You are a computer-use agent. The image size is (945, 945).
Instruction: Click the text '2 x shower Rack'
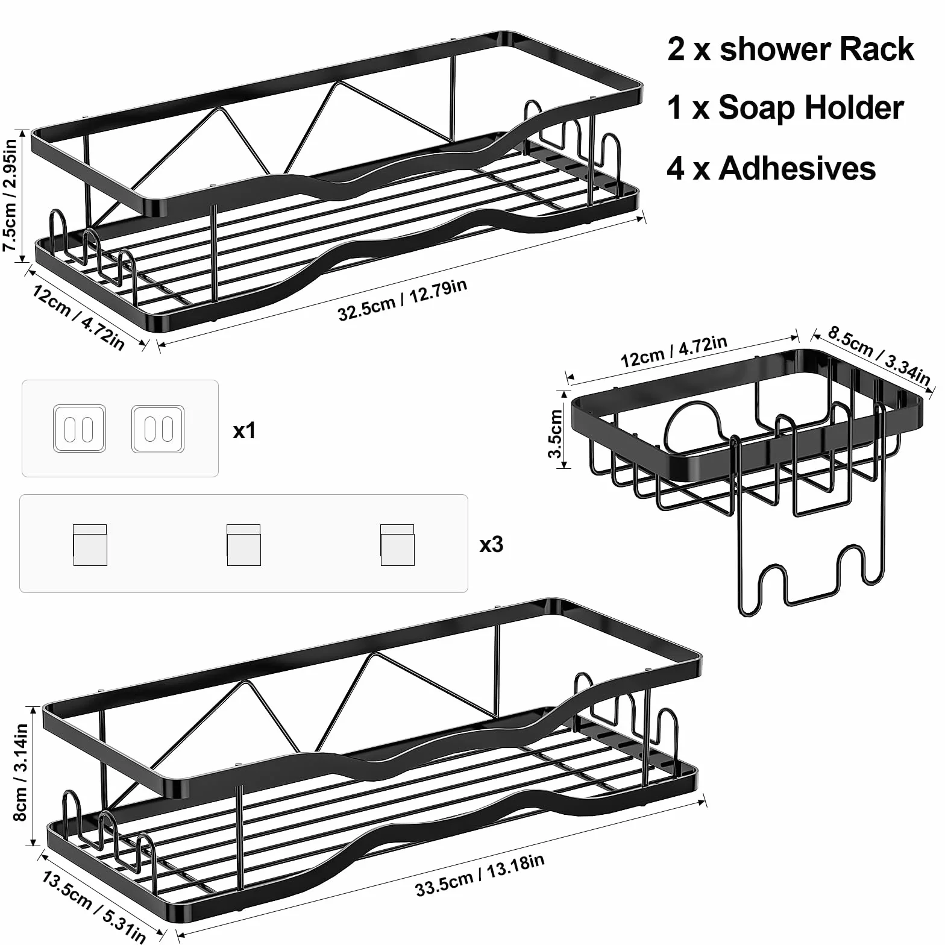(791, 49)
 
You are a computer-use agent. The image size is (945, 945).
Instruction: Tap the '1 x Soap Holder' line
(785, 108)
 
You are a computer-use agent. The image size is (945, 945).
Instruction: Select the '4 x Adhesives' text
(771, 168)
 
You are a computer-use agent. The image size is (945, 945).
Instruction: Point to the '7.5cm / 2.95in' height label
(11, 196)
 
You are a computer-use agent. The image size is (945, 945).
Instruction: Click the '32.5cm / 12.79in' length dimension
(403, 300)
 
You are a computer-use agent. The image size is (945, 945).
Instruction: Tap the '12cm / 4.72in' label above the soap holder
(674, 351)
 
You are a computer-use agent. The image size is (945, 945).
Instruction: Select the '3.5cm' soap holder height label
(555, 433)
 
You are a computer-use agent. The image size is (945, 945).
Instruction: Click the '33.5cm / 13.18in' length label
(480, 875)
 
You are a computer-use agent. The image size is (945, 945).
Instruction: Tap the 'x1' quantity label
(245, 430)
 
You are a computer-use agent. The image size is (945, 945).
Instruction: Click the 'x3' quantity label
(491, 544)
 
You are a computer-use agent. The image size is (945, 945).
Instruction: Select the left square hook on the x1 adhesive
(80, 429)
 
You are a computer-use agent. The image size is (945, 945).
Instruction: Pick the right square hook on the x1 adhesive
(158, 429)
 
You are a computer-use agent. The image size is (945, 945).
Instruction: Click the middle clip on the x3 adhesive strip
(243, 545)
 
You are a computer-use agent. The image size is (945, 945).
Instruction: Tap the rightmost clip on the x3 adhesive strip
(397, 545)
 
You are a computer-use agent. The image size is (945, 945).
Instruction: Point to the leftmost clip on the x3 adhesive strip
(90, 545)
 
